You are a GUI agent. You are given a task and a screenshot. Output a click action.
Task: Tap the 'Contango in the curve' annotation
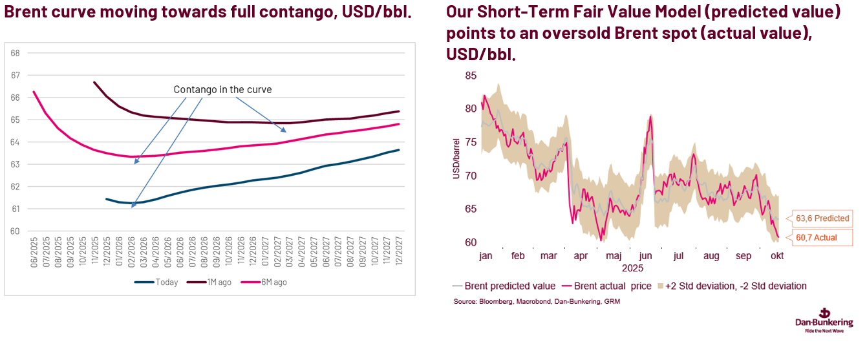tap(222, 90)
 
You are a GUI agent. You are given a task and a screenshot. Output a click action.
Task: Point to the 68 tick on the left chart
tap(16, 53)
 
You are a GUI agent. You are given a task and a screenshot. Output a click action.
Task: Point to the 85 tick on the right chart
tap(471, 76)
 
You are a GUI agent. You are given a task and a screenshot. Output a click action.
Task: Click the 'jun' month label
tap(646, 256)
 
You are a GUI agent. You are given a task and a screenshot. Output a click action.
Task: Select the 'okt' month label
tap(776, 256)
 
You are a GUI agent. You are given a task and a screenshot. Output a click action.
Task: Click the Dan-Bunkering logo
tap(824, 320)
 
